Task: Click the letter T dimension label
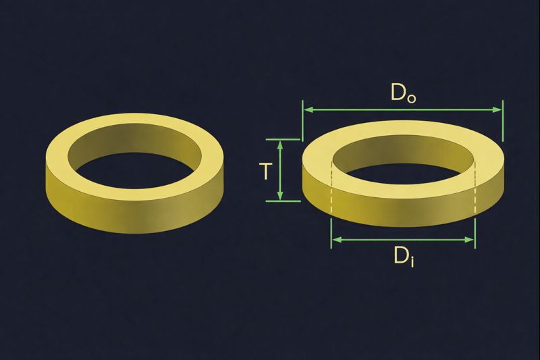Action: click(x=265, y=171)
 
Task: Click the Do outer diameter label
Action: click(x=403, y=93)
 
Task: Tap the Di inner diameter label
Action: click(x=404, y=257)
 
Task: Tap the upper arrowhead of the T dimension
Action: click(x=280, y=145)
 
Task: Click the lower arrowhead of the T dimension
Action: click(x=280, y=195)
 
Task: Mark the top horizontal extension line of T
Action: click(x=283, y=140)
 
